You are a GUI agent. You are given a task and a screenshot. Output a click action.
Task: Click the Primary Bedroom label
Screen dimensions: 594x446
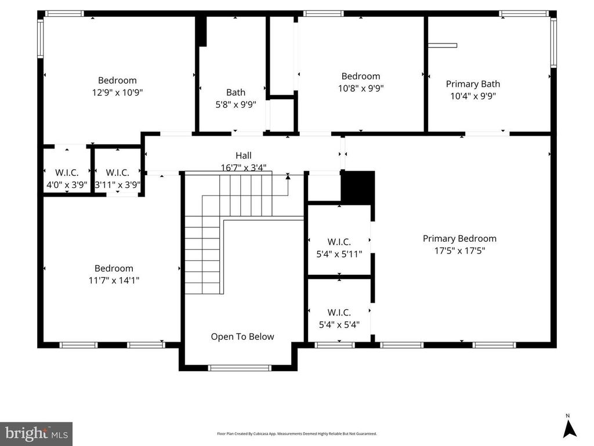pos(459,238)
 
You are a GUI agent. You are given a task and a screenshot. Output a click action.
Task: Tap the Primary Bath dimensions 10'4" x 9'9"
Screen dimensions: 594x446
pos(473,96)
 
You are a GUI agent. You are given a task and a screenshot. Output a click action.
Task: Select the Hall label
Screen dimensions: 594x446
pos(243,155)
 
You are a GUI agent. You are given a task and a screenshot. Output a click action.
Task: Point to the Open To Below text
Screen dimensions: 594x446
pos(242,336)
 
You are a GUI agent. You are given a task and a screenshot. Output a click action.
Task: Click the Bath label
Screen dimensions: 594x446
pos(236,92)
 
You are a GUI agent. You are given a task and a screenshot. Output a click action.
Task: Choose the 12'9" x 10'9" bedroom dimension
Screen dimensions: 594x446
pos(117,92)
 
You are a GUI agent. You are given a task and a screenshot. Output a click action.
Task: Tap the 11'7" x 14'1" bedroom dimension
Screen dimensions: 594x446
pos(114,281)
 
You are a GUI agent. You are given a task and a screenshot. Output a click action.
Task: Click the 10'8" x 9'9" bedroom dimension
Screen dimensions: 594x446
pos(361,88)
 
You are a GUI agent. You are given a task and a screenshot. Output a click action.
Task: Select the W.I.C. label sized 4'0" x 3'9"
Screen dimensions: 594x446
pos(67,173)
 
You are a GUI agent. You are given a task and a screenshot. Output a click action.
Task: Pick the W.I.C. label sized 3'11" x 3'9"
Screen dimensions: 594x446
pos(117,173)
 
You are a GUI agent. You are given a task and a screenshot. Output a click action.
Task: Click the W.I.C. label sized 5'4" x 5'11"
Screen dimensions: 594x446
pos(339,242)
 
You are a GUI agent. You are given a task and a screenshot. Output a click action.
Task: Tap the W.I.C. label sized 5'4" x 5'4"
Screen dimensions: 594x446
pos(339,313)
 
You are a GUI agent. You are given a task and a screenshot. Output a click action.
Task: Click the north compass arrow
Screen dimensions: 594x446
pos(569,429)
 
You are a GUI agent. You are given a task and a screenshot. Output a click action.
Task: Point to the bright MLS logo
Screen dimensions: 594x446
pos(37,434)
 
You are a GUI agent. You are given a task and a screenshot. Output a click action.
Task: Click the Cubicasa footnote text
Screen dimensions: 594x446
pos(297,434)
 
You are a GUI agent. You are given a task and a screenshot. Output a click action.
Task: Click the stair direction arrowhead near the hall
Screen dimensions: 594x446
pos(288,176)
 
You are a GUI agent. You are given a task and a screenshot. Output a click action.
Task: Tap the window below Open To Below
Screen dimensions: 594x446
pos(240,368)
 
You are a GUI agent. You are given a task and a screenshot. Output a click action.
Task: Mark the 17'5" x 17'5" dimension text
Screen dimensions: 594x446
pos(459,251)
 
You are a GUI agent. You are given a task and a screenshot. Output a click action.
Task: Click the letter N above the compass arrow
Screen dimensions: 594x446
pos(567,416)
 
